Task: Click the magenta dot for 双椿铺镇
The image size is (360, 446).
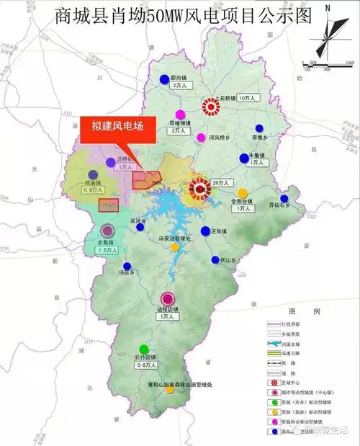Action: pyautogui.click(x=182, y=114)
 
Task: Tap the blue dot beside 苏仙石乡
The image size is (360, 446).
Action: pyautogui.click(x=284, y=198)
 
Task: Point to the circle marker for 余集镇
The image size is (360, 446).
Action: pyautogui.click(x=107, y=231)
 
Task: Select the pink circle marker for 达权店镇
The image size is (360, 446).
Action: pyautogui.click(x=167, y=298)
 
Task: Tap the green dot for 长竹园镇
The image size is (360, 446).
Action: pyautogui.click(x=145, y=349)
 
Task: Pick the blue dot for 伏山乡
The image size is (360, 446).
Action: pyautogui.click(x=215, y=260)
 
